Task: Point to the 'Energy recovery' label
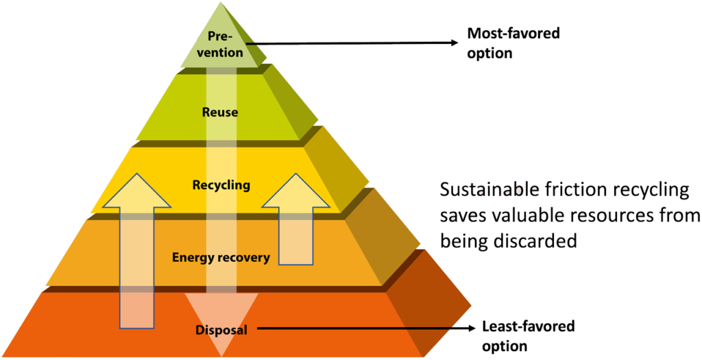pos(221,257)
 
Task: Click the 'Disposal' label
pos(221,330)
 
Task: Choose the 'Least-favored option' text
pos(528,335)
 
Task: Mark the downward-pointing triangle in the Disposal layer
pos(221,315)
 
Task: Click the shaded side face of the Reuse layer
pos(291,103)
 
